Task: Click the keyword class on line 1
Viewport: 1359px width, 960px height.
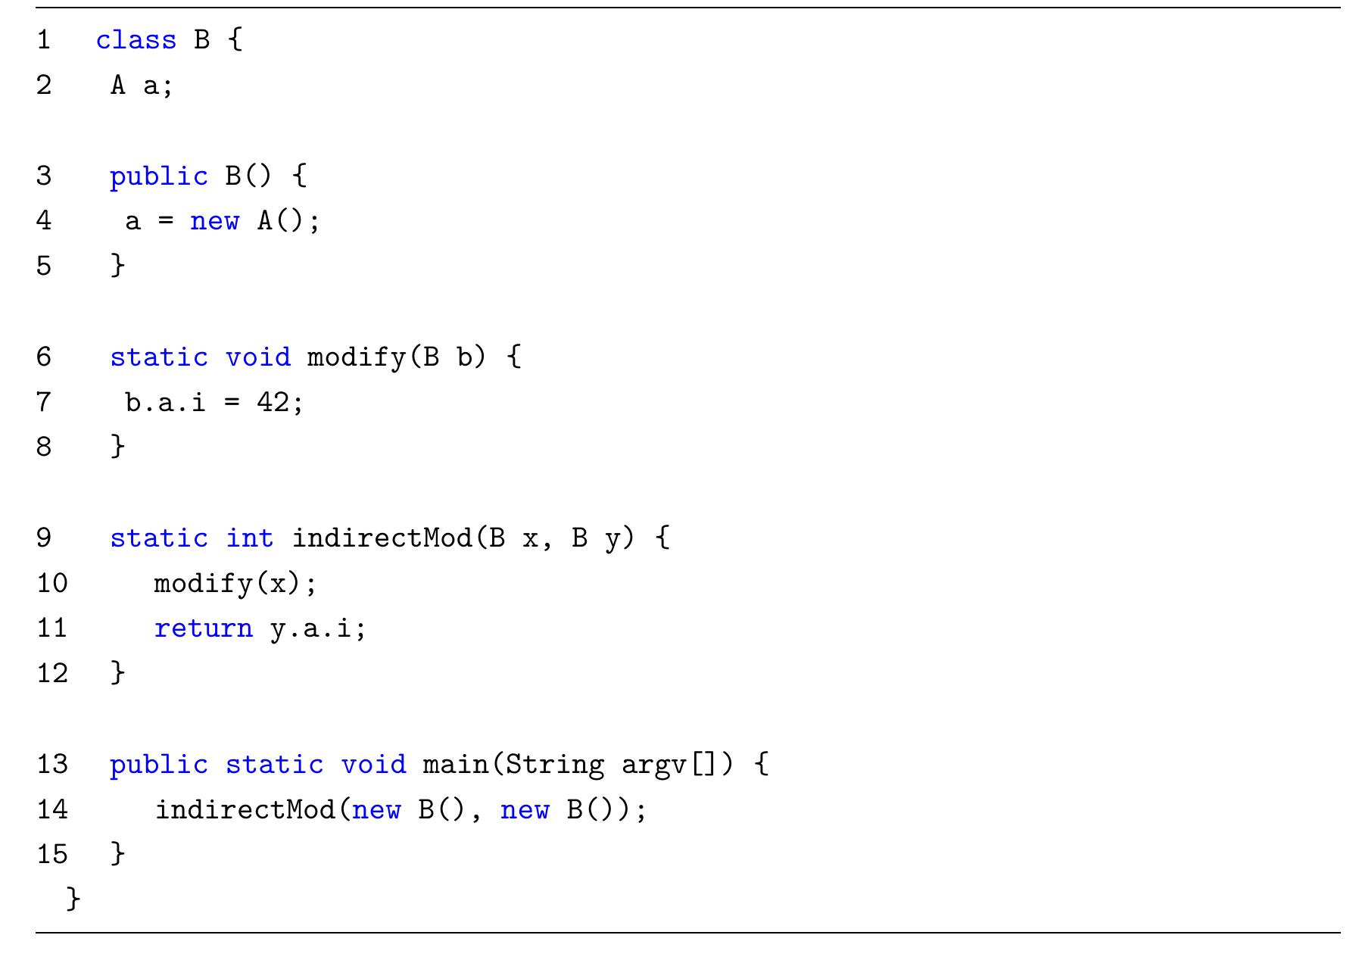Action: pos(136,39)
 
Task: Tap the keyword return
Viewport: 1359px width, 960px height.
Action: pos(204,628)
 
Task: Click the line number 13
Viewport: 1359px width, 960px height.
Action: pos(52,764)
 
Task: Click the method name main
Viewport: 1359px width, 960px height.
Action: pos(457,764)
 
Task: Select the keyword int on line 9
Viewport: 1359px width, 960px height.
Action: pos(249,538)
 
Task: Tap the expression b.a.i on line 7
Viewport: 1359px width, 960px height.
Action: pos(165,401)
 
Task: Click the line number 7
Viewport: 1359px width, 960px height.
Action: pos(44,401)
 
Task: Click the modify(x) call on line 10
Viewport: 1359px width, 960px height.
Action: pos(227,584)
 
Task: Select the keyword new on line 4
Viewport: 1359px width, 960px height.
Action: pos(214,221)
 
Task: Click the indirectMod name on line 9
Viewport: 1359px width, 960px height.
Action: pos(382,538)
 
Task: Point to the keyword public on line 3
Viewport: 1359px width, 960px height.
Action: pos(159,176)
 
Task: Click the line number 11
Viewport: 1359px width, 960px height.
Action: pos(52,628)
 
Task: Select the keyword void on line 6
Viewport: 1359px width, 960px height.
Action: pos(258,357)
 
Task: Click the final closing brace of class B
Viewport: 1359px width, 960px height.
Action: pos(73,899)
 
